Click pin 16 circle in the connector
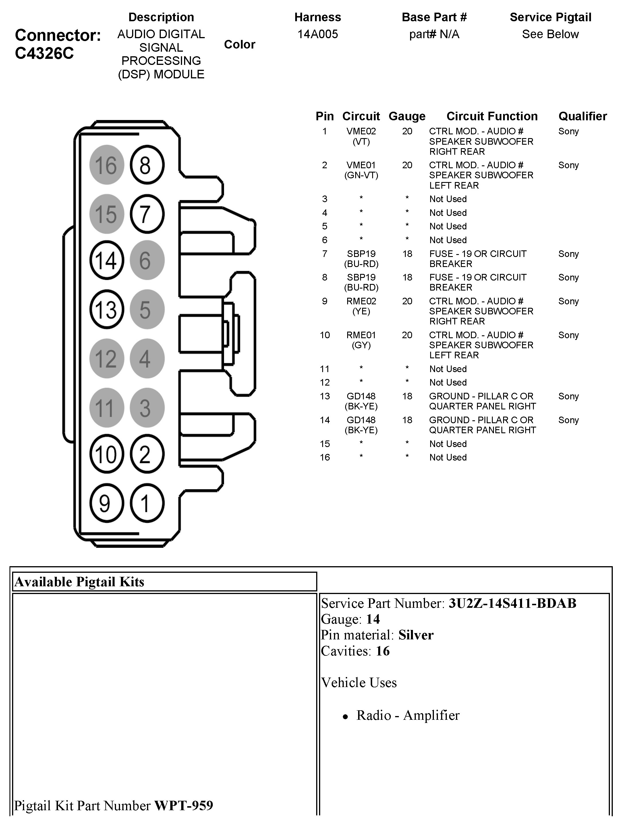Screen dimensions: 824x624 click(x=107, y=165)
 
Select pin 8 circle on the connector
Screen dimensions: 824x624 click(x=147, y=165)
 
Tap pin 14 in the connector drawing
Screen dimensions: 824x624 click(x=107, y=260)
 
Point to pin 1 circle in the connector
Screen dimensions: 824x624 click(x=147, y=503)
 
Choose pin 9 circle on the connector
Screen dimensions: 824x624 click(x=107, y=503)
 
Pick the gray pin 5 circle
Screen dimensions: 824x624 click(x=147, y=309)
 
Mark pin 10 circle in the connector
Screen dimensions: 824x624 click(x=107, y=454)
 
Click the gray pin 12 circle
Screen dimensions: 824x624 click(x=107, y=358)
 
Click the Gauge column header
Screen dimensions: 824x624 click(x=407, y=116)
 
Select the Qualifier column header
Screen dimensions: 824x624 click(x=582, y=116)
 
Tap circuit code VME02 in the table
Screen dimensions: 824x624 click(x=361, y=131)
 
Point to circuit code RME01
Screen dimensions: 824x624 click(x=361, y=335)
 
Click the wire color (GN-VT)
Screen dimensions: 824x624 click(x=361, y=175)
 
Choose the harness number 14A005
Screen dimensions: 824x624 click(x=317, y=34)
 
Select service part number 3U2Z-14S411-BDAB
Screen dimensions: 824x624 click(x=512, y=603)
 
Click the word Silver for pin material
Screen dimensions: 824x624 click(x=416, y=635)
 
